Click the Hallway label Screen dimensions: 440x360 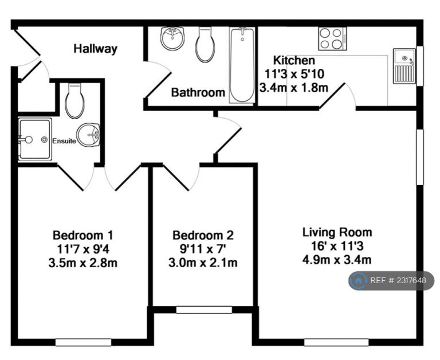click(x=96, y=49)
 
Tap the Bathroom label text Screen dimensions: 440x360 click(x=198, y=92)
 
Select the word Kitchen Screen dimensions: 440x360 click(x=294, y=60)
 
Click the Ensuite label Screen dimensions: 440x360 click(x=64, y=141)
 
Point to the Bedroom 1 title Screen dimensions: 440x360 click(x=83, y=236)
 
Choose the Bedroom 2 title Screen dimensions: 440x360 click(x=203, y=236)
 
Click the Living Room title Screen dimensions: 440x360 click(x=337, y=233)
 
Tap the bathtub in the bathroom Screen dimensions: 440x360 click(x=242, y=65)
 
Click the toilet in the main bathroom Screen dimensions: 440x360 click(x=206, y=44)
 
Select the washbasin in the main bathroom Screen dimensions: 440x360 click(x=172, y=38)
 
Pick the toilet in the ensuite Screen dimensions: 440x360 click(x=74, y=101)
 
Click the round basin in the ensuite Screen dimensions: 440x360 click(x=88, y=135)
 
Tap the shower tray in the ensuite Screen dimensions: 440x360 click(x=35, y=139)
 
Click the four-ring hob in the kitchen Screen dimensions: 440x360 click(x=332, y=39)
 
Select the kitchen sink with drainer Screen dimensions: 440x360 click(x=404, y=66)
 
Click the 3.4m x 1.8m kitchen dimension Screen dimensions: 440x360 click(x=294, y=88)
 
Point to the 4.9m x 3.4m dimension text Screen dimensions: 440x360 click(x=337, y=260)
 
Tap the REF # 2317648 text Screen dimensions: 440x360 click(x=398, y=280)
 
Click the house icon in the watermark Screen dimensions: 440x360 click(x=358, y=280)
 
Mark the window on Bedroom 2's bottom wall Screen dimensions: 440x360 click(x=204, y=310)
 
